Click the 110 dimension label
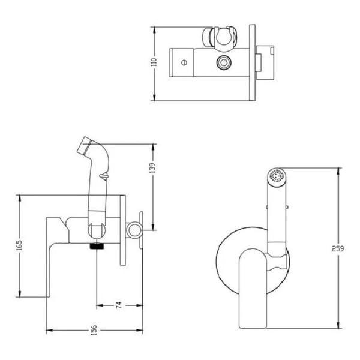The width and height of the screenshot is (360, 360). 154,62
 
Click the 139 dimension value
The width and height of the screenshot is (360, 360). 152,168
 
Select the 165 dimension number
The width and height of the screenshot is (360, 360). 19,245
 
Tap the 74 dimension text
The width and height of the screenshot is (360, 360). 119,305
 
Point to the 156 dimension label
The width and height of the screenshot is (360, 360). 94,330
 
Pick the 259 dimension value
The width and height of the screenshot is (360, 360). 338,248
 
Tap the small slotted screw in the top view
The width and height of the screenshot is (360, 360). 184,62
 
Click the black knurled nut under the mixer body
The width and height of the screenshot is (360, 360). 97,246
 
